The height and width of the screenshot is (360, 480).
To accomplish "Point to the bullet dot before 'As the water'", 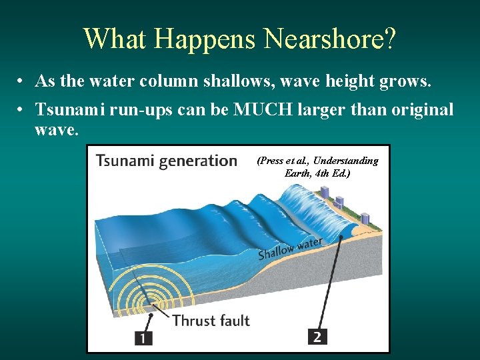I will coord(22,82).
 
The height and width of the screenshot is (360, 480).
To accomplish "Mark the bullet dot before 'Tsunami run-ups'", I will coord(22,110).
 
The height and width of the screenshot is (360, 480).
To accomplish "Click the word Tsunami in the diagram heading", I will coord(123,161).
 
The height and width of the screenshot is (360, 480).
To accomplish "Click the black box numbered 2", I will coord(317,337).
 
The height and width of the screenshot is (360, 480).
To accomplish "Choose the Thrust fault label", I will coord(211,321).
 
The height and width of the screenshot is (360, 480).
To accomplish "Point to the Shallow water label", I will coord(290,248).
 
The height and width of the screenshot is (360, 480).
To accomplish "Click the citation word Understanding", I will coord(345,161).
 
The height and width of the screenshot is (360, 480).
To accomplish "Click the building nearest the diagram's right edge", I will coord(365,219).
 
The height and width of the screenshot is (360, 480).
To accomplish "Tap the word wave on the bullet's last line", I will coord(56,129).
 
